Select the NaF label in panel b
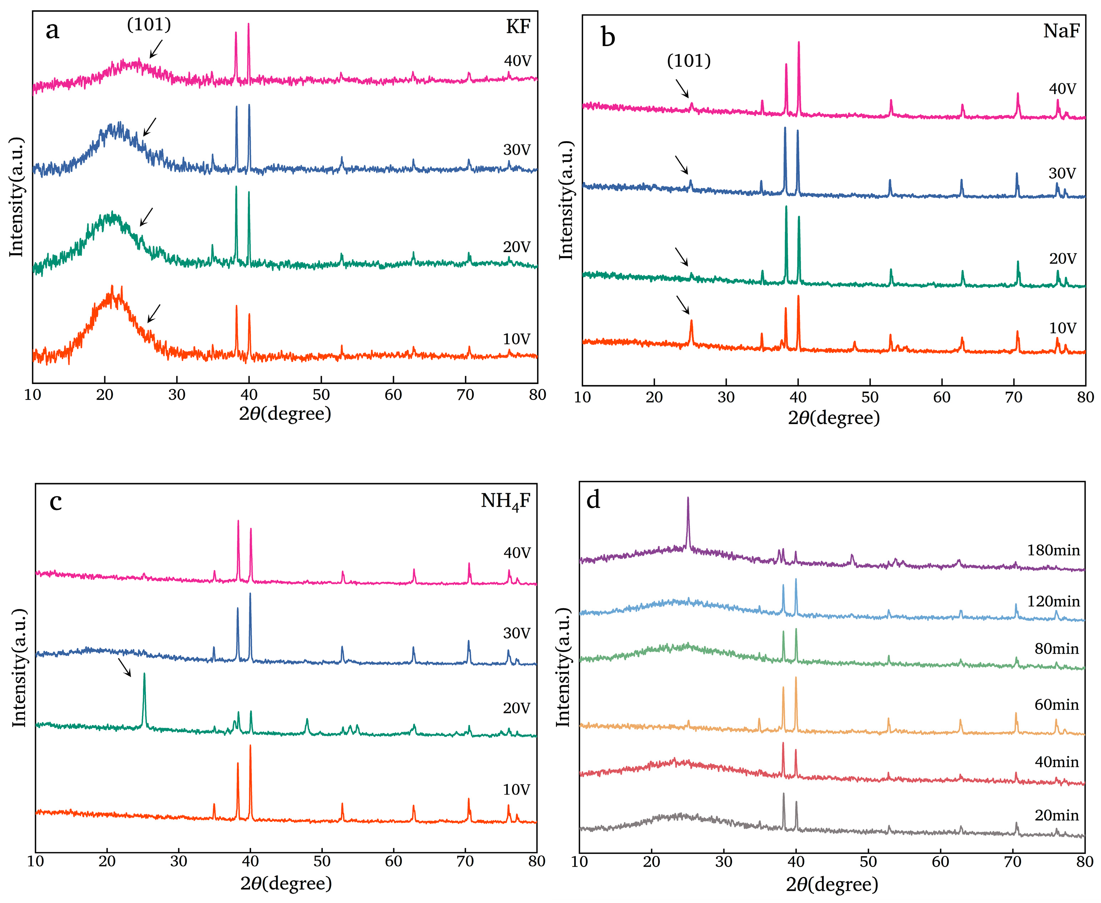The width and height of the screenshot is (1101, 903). [x=1061, y=31]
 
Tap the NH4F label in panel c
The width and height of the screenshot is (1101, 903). [x=505, y=501]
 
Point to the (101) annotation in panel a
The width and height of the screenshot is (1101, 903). [x=149, y=24]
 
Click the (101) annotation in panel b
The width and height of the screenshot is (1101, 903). [x=689, y=61]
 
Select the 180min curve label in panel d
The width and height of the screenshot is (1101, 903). [x=1053, y=550]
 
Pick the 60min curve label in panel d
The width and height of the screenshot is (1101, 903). [x=1056, y=705]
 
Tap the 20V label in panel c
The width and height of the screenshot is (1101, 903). [x=516, y=708]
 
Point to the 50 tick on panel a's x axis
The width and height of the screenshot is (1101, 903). [x=321, y=395]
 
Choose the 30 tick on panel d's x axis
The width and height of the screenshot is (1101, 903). [x=723, y=862]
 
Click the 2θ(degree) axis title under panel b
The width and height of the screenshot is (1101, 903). [x=834, y=418]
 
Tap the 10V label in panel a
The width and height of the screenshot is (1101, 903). [x=516, y=339]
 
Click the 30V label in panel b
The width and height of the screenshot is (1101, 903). [x=1061, y=173]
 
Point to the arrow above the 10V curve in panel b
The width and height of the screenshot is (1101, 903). [x=682, y=305]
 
